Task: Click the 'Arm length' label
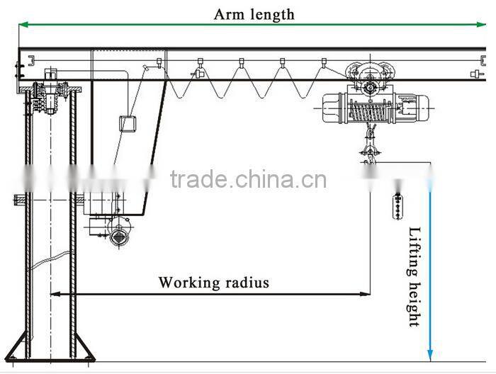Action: click(254, 13)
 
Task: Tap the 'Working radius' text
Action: click(213, 283)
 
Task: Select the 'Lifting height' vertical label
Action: click(415, 276)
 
